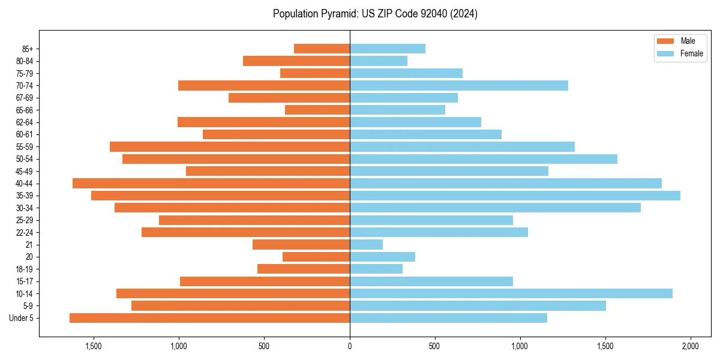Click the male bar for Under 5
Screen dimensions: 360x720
pos(209,318)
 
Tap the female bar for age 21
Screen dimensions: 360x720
pos(366,244)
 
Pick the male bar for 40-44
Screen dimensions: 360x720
pos(211,183)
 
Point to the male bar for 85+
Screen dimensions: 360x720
pos(322,49)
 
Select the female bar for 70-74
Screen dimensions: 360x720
pos(458,85)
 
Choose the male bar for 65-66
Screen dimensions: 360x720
pos(317,110)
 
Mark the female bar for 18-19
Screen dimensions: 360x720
pos(376,269)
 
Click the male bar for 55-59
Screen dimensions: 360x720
pos(230,146)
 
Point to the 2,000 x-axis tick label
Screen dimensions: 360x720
pos(691,346)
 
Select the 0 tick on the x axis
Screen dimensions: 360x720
pos(350,346)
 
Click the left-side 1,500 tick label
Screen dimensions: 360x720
pos(94,346)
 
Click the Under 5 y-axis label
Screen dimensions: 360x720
pos(21,318)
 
